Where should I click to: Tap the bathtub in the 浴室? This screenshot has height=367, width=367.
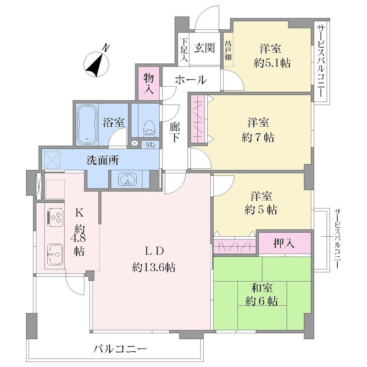pos(87,124)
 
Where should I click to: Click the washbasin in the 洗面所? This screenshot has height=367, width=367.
pos(128,180)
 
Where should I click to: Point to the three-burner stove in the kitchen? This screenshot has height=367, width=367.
pos(56,217)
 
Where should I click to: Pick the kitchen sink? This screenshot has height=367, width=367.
pos(55,254)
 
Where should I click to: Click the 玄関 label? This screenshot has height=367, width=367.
pos(204,48)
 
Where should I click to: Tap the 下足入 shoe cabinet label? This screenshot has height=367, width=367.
pos(184,50)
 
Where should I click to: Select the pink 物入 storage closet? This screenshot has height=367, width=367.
pos(149,83)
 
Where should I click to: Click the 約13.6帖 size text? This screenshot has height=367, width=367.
pos(154,267)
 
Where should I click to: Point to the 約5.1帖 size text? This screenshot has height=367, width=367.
pos(272,63)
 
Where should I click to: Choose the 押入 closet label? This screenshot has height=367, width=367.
pos(284,244)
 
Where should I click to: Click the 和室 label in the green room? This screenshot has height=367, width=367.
pos(261,288)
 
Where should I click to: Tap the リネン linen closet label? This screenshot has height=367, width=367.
pos(150,145)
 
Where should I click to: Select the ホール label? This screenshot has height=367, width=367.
pos(191,80)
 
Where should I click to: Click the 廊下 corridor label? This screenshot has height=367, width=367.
pos(175,132)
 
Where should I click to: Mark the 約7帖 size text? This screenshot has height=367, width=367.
pos(258,137)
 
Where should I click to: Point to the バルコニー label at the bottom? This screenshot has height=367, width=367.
pos(120,350)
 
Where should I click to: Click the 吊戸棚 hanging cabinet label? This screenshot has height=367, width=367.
pos(228,50)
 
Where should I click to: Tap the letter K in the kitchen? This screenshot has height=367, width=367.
pos(79,213)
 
